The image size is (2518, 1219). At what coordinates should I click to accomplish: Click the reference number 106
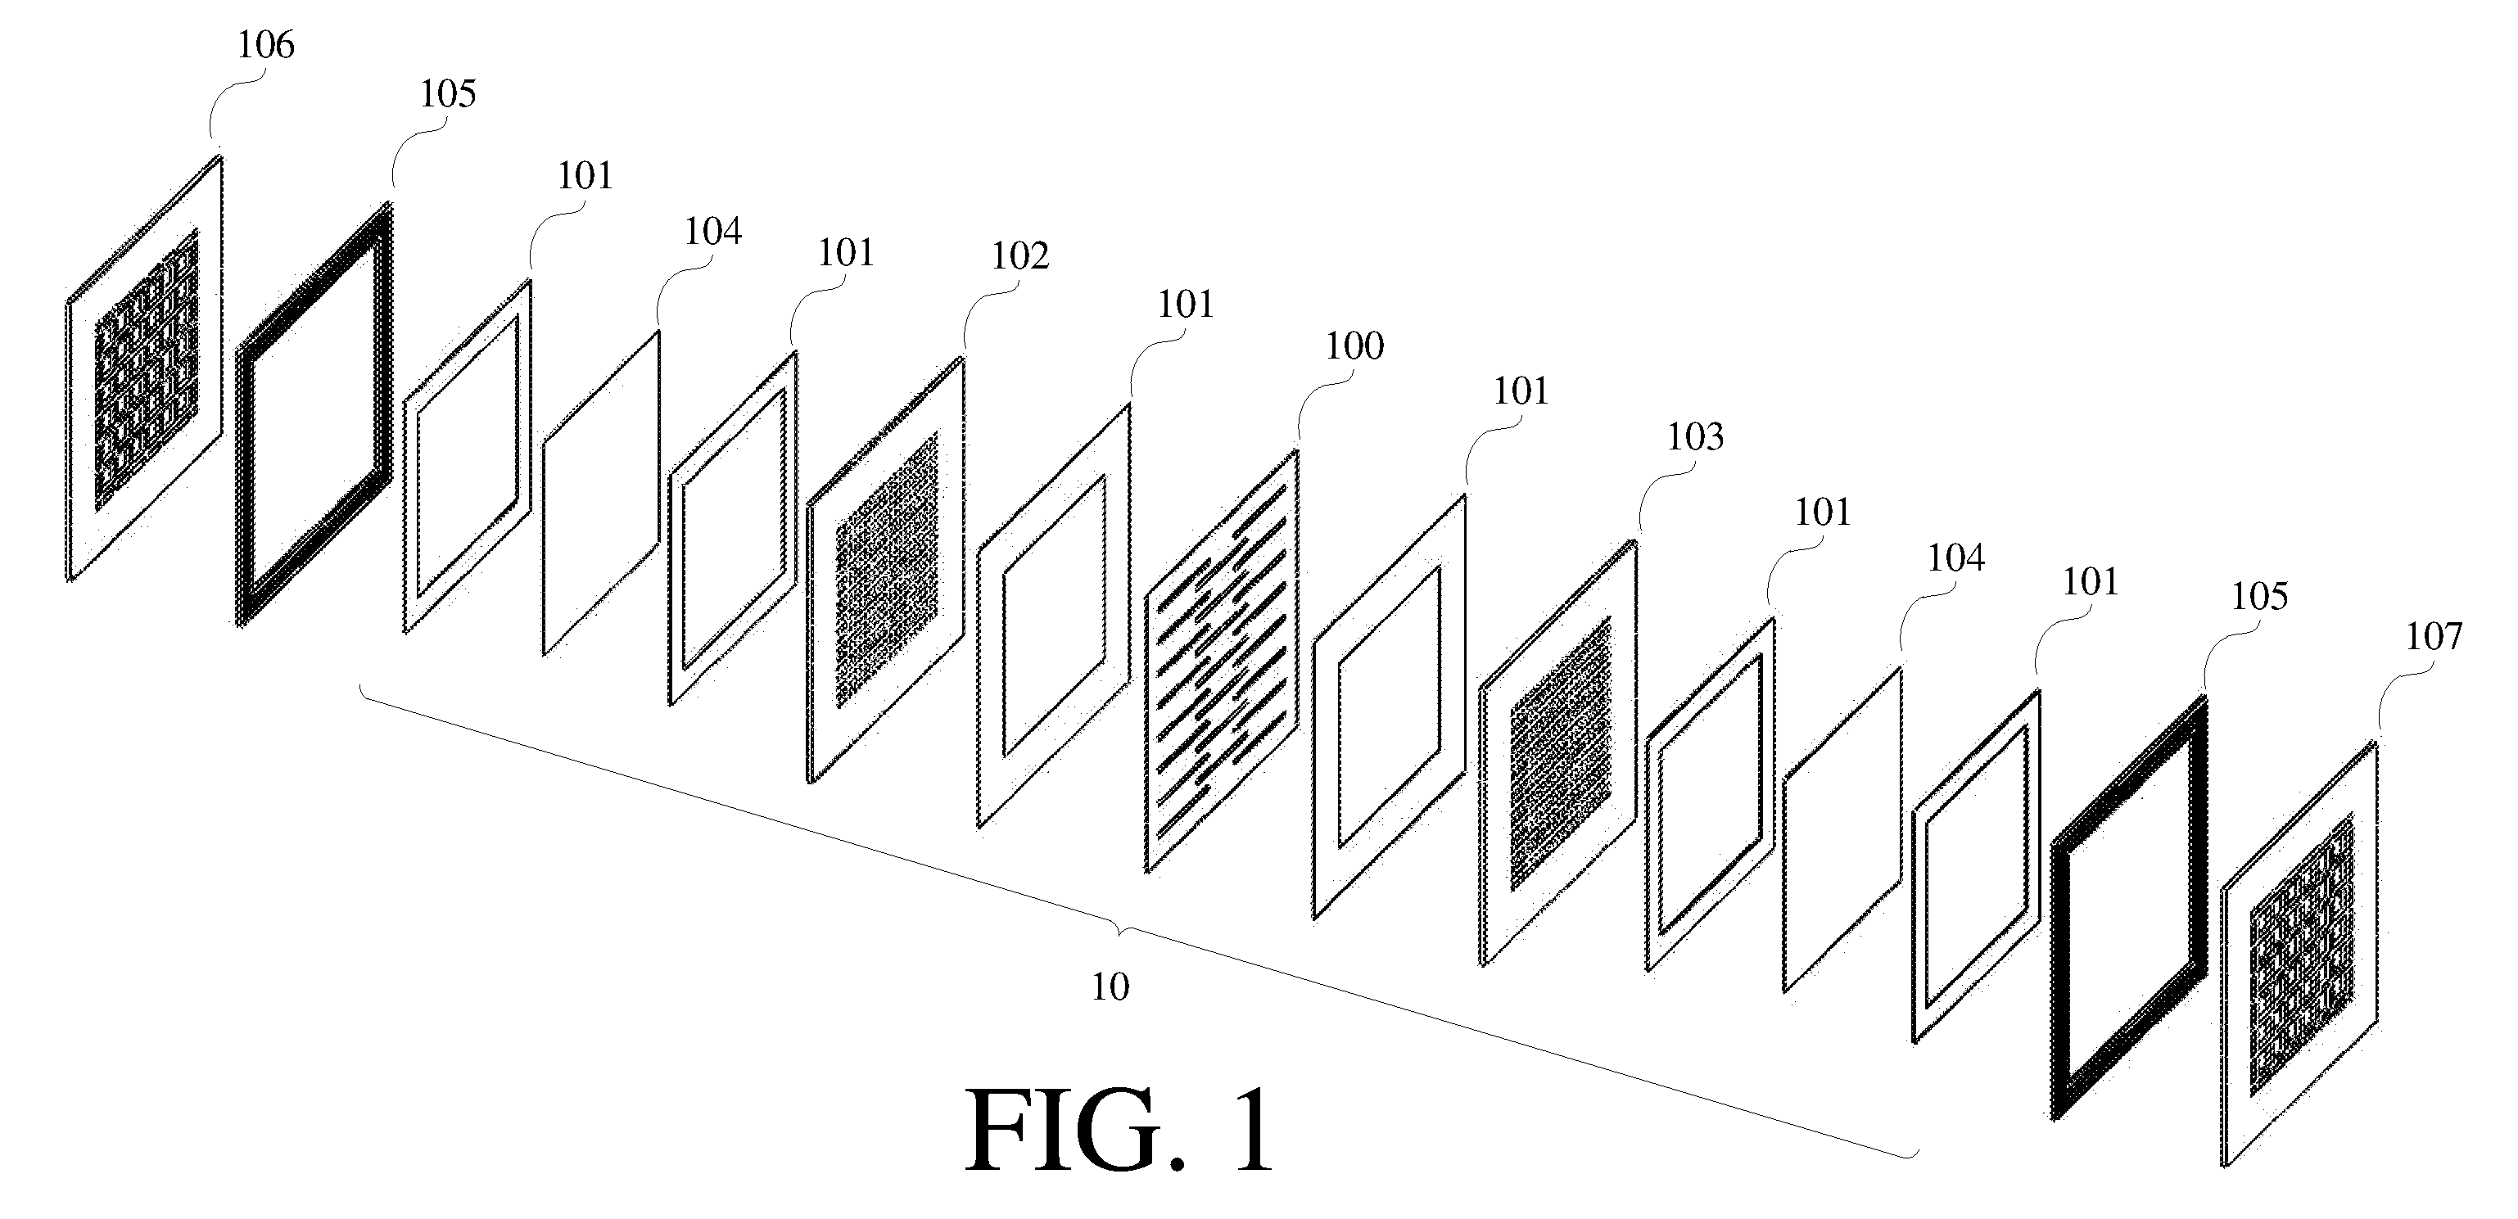tap(266, 46)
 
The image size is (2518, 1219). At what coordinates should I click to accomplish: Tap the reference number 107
tap(2434, 638)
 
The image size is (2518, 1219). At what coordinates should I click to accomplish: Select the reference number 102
tap(1019, 256)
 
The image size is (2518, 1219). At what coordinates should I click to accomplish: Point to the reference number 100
tap(1354, 346)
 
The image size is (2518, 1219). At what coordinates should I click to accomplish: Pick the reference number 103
tap(1695, 437)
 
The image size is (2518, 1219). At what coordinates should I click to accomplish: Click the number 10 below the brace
tap(1110, 987)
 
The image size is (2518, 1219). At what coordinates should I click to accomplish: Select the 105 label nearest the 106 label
tap(448, 95)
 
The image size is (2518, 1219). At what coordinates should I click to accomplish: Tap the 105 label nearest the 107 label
tap(2259, 596)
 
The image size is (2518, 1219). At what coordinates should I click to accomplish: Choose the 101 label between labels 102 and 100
tap(1186, 305)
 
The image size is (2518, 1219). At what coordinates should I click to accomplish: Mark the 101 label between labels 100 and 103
tap(1521, 392)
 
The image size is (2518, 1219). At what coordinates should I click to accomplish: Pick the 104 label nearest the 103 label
tap(1955, 558)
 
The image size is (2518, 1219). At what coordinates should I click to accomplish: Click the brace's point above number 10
tap(1120, 927)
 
